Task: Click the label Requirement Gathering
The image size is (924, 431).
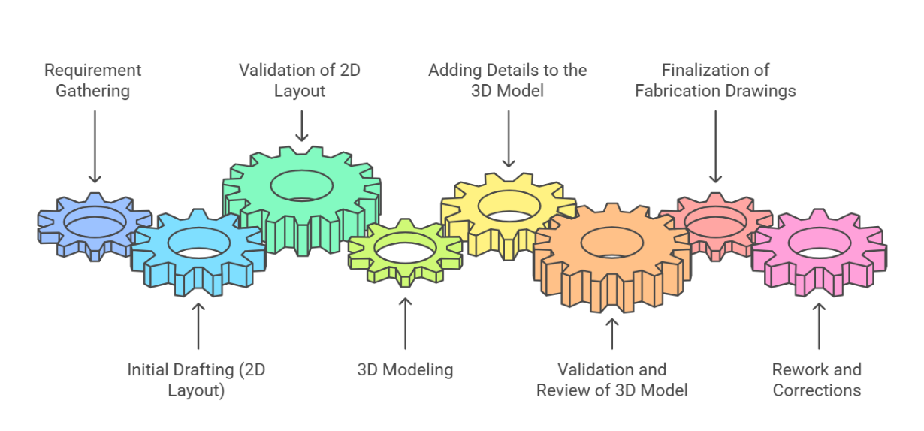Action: [x=93, y=80]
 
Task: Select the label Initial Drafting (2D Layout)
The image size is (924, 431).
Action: [x=196, y=380]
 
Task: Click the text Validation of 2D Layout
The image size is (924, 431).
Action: [x=300, y=80]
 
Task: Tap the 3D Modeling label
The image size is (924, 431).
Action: [x=405, y=369]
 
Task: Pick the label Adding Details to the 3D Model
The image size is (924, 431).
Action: [x=508, y=80]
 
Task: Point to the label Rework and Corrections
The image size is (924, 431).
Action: [x=817, y=380]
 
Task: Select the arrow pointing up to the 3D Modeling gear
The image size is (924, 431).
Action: [x=405, y=323]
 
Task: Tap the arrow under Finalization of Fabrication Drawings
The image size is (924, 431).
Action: [x=715, y=146]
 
